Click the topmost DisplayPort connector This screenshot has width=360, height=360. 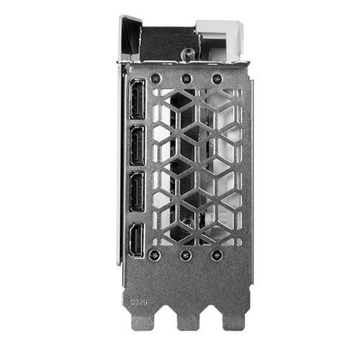pos(138,99)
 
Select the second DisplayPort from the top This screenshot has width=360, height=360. pos(138,145)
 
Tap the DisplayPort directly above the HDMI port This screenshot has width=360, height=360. pos(137,192)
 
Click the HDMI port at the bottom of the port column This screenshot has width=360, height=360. pos(137,240)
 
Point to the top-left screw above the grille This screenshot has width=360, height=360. pos(156,78)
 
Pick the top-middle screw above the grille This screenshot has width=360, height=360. pos(186,78)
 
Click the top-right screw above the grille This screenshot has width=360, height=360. pos(217,78)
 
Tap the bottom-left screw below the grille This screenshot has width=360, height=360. pos(154,255)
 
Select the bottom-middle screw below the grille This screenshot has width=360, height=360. pos(186,255)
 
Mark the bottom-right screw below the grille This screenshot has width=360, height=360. pos(216,255)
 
